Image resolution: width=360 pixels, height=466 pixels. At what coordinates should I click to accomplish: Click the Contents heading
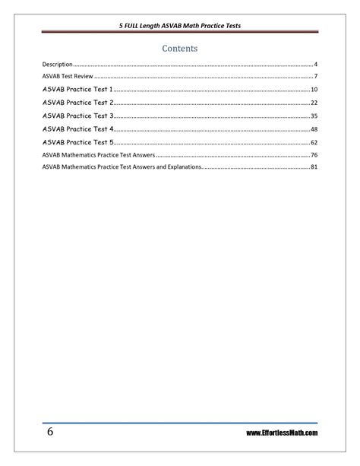pyautogui.click(x=180, y=48)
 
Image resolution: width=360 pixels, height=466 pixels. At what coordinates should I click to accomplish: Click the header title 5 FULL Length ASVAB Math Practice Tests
pyautogui.click(x=180, y=25)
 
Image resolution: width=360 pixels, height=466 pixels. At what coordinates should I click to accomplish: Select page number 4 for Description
pyautogui.click(x=315, y=65)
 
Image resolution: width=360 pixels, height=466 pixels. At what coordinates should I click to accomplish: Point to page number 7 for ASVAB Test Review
pyautogui.click(x=315, y=78)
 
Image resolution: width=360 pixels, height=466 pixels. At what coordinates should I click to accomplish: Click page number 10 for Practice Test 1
pyautogui.click(x=314, y=90)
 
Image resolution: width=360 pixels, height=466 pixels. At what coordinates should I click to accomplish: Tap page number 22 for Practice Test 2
pyautogui.click(x=314, y=103)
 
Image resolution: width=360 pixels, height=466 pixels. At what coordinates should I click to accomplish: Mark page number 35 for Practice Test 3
pyautogui.click(x=314, y=116)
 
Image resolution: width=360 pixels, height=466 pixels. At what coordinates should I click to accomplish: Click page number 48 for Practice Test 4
pyautogui.click(x=314, y=128)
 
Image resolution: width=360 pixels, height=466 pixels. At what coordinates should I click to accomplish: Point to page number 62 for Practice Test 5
pyautogui.click(x=314, y=141)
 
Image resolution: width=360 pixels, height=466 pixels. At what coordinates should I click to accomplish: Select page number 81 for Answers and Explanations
pyautogui.click(x=314, y=166)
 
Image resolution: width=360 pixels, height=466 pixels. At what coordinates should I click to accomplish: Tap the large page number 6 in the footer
pyautogui.click(x=49, y=432)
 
